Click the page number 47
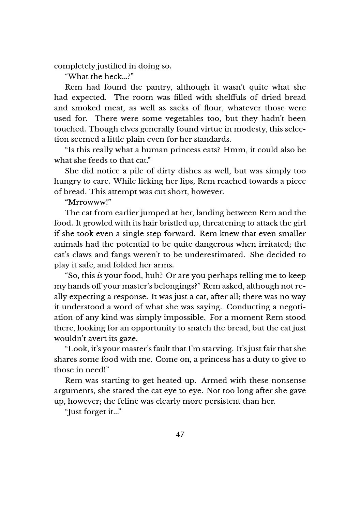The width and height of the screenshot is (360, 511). (180, 435)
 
